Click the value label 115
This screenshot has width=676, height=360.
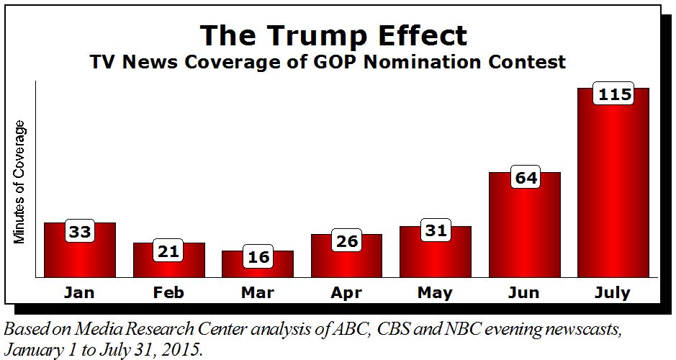pos(613,94)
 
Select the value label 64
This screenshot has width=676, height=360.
pos(524,177)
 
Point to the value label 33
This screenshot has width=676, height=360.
pos(80,232)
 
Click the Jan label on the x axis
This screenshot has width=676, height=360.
pos(80,293)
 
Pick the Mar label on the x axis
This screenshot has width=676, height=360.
pos(258,293)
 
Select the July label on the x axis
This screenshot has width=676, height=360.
pos(613,293)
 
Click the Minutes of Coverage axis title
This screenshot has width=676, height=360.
pos(21,182)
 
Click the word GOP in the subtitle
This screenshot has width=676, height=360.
pos(350,62)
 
